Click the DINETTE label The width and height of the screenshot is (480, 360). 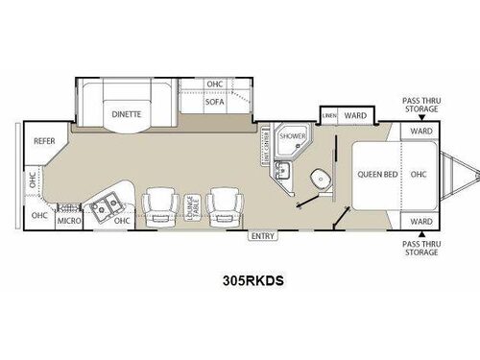pos(127,112)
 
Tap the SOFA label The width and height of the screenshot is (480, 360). pos(214,100)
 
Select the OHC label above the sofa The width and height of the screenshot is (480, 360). pos(214,84)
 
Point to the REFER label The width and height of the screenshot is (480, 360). pos(43,140)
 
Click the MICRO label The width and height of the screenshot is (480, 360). pos(67,220)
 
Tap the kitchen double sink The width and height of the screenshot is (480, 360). pos(103,204)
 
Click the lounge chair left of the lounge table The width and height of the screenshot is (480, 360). pos(157,204)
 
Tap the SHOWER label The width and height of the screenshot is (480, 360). pos(292,137)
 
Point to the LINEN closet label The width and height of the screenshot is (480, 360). pos(328,116)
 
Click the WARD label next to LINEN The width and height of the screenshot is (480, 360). pos(355,116)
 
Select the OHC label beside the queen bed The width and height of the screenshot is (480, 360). pos(418,175)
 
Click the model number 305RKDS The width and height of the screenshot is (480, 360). pos(240,282)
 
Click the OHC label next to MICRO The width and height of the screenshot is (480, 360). pos(120,221)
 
